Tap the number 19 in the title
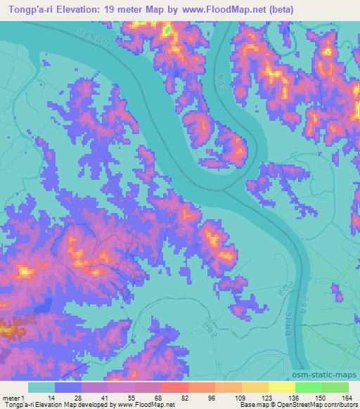pos(117,10)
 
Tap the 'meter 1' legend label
pos(11,398)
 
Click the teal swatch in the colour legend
pos(41,387)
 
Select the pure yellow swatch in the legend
pos(282,387)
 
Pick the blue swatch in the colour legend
pos(68,387)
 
